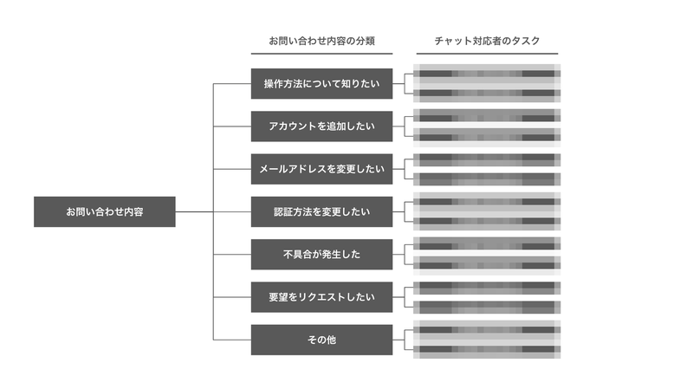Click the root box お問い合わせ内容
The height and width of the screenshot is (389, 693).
click(x=104, y=211)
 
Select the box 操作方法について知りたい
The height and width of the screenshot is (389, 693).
click(x=321, y=84)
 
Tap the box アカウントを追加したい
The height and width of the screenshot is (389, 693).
click(x=321, y=126)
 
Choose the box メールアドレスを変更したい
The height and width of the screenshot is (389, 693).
click(x=321, y=169)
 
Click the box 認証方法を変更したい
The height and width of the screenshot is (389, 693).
click(x=321, y=211)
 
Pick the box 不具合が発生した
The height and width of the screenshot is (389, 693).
click(x=321, y=254)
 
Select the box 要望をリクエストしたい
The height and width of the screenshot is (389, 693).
click(x=321, y=297)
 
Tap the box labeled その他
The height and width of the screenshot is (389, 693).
click(x=321, y=340)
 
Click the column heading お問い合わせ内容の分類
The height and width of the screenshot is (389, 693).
click(x=321, y=41)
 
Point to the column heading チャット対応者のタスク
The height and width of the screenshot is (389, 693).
click(x=487, y=41)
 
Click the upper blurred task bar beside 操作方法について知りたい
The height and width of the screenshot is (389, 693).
click(x=487, y=75)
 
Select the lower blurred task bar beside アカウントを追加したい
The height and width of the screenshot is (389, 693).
click(x=487, y=135)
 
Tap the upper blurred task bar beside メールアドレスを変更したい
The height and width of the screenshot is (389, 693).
click(x=487, y=159)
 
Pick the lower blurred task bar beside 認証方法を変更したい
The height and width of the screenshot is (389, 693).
click(x=487, y=221)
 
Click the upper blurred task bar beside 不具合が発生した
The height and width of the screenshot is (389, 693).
click(x=487, y=244)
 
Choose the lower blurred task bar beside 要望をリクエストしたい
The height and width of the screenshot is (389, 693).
click(x=487, y=306)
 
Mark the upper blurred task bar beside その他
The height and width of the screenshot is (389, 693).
click(x=487, y=329)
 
